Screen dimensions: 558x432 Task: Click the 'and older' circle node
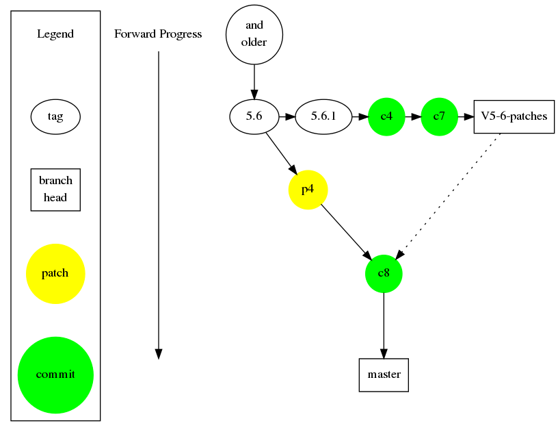254,34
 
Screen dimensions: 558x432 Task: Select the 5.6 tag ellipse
254,117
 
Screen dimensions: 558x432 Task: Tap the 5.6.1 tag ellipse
323,117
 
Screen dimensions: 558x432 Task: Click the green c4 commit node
386,117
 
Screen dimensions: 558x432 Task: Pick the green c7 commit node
439,117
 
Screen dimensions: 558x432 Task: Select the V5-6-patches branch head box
514,117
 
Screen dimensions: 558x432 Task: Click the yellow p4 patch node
308,190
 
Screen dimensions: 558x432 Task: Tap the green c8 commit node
384,274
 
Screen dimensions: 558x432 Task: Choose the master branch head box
384,375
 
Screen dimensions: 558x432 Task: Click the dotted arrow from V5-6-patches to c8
449,196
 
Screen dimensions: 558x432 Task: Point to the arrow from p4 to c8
346,232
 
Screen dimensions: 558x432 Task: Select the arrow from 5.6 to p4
282,154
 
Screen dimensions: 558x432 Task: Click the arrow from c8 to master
384,325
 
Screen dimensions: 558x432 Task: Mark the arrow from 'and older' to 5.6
254,82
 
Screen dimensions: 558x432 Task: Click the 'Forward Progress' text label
158,34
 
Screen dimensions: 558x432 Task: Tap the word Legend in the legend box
55,34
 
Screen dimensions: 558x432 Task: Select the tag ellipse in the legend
55,117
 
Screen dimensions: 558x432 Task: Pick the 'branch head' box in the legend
55,190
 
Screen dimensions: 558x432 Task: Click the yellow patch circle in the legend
55,274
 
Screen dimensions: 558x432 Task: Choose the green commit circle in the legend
55,375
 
